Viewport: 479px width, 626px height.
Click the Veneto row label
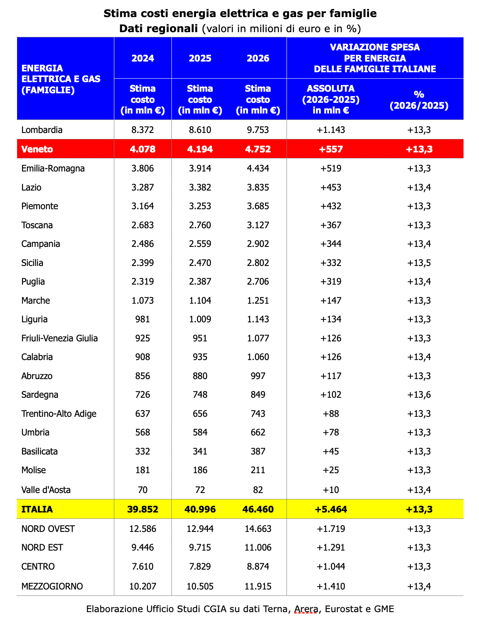37,149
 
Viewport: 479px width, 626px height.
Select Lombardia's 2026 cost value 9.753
258,130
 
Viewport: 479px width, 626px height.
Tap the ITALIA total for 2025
200,509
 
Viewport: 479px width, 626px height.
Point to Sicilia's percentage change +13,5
419,263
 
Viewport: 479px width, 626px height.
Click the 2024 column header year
142,58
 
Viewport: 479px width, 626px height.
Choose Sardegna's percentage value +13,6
419,395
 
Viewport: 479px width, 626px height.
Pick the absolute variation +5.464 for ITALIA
331,509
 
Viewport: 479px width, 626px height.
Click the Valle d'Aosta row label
46,490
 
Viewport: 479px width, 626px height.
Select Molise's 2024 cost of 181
142,470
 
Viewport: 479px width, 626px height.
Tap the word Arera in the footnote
306,609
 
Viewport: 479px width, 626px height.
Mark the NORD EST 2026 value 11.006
258,548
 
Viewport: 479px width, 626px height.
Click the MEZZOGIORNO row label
52,586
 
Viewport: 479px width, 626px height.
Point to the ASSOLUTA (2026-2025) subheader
331,99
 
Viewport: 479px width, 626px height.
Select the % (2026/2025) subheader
419,100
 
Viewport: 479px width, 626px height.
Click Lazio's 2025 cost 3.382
200,187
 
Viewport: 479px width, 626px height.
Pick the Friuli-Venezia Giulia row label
60,338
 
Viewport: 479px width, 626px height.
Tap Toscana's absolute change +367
331,225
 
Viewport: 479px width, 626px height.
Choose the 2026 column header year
258,58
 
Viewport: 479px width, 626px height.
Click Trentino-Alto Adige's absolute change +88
331,414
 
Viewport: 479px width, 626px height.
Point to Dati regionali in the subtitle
158,29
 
